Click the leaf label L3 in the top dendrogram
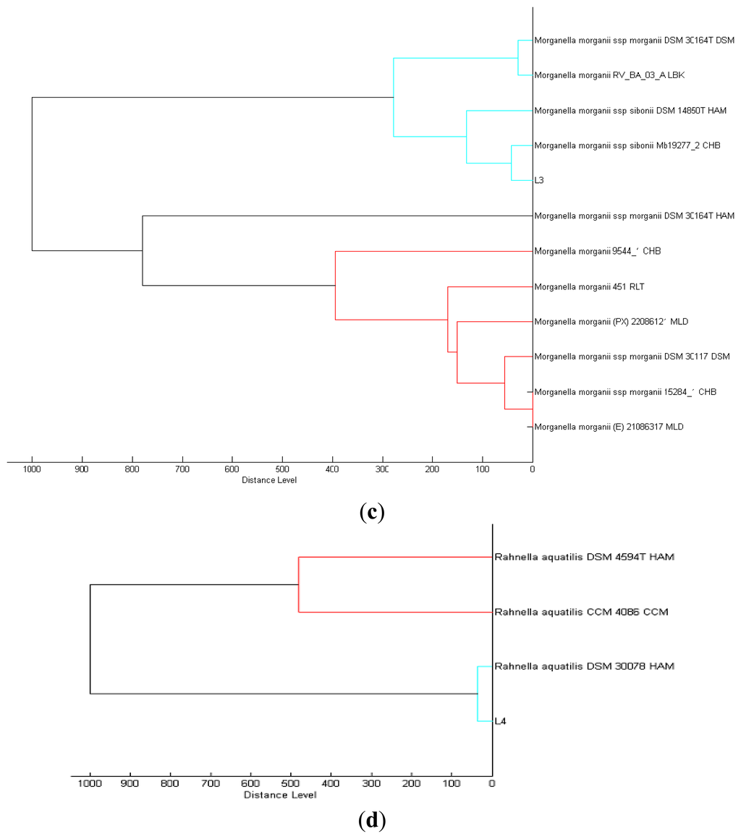[x=539, y=180]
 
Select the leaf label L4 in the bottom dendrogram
[x=500, y=720]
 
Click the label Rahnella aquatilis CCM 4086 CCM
[x=581, y=612]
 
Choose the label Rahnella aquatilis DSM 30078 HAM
[x=584, y=665]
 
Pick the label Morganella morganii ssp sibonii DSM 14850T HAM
[x=630, y=111]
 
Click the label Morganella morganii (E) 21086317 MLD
[x=609, y=427]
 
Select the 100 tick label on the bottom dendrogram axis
[x=452, y=783]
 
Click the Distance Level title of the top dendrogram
[x=269, y=480]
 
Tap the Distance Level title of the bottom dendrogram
[x=280, y=795]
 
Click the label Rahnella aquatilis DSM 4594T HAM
[x=585, y=557]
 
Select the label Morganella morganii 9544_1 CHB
[x=597, y=251]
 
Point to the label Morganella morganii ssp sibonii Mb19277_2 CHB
[x=627, y=145]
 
